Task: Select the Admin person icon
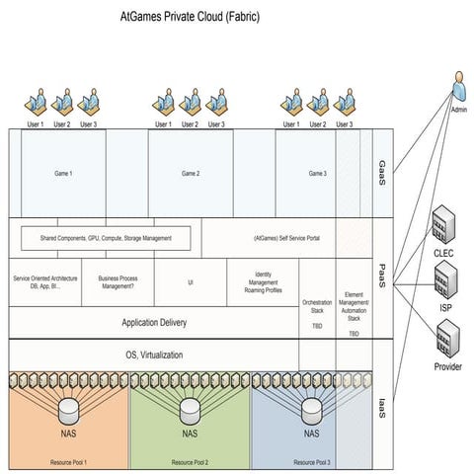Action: point(459,89)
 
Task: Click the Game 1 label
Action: point(64,174)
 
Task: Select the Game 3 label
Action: point(317,174)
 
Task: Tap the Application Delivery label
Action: point(153,322)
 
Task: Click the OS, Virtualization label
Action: point(153,354)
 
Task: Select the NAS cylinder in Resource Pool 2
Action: point(190,412)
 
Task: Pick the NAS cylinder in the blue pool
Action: point(311,412)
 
